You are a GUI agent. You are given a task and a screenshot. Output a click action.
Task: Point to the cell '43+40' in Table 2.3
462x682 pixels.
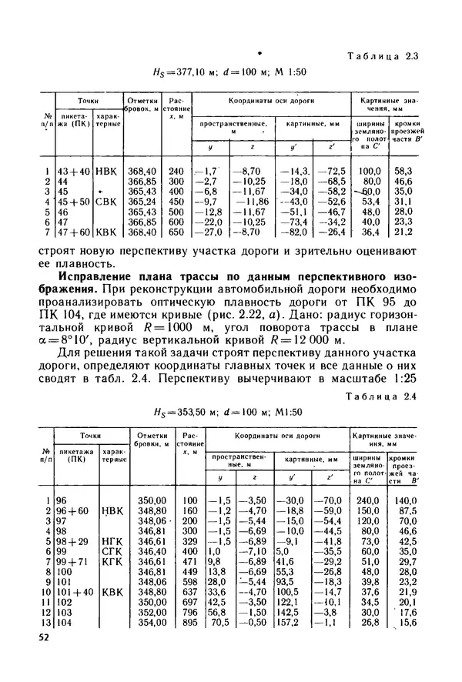72,170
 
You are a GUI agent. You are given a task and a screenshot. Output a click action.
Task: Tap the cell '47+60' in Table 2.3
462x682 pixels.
72,232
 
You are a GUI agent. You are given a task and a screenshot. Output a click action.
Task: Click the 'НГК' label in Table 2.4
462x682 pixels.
112,542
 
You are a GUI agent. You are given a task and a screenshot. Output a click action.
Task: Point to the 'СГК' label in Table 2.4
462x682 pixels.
112,552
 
